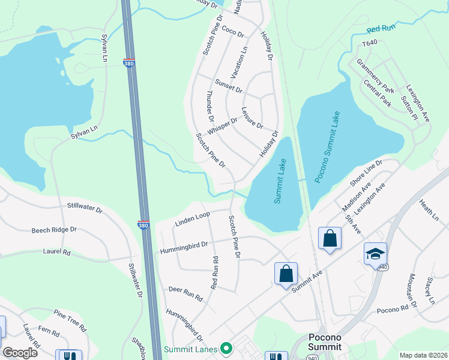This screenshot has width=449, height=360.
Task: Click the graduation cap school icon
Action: click(375, 255)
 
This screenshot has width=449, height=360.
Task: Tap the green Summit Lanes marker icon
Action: click(226, 348)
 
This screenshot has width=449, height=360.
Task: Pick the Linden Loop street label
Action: click(192, 219)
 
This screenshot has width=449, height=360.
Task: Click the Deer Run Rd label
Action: click(185, 294)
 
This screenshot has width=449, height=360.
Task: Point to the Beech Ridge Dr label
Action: click(54, 230)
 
